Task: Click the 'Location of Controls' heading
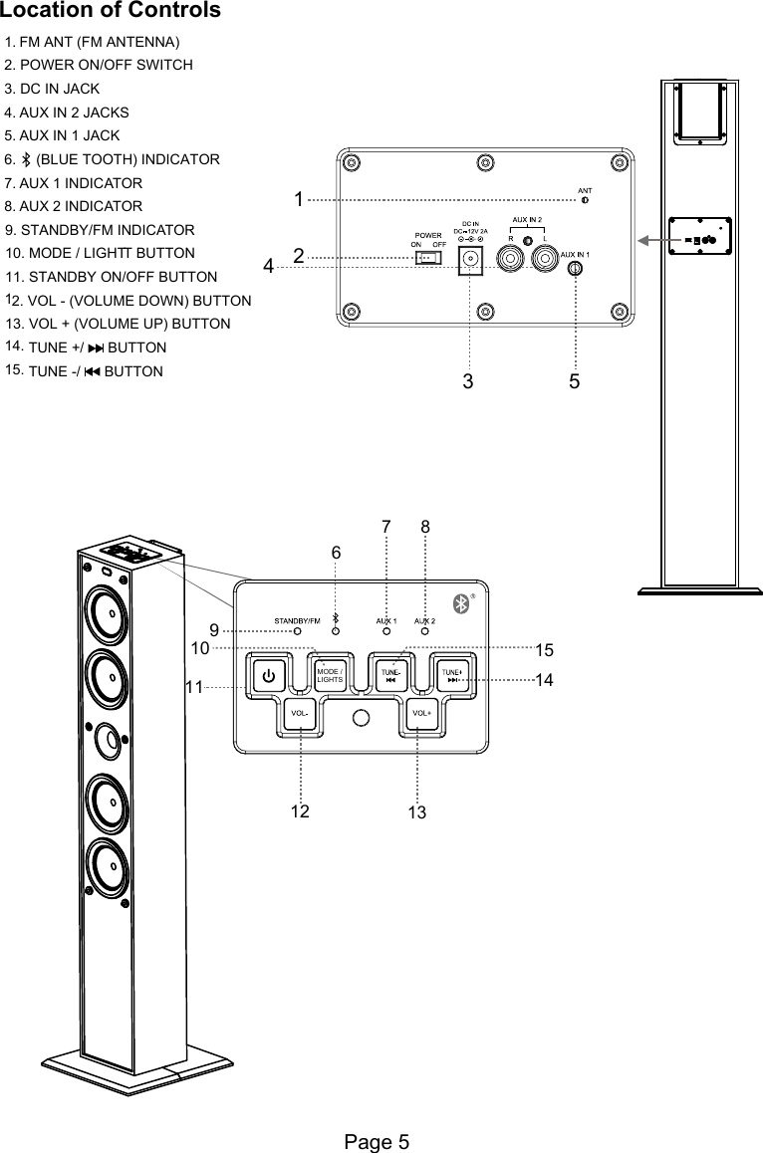tap(111, 11)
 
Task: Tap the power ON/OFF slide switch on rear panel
tap(428, 258)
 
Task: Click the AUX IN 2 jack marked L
tap(544, 259)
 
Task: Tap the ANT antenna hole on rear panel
tap(585, 200)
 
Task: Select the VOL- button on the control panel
tap(300, 713)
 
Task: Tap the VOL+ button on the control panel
tap(422, 713)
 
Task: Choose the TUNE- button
tap(391, 674)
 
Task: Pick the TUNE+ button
tap(452, 674)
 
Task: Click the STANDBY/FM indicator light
tap(296, 631)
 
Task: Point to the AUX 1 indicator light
tap(386, 631)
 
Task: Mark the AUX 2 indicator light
tap(425, 631)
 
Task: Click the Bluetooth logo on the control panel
tap(460, 603)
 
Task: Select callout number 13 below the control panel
tap(417, 813)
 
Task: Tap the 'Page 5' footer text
tap(377, 1142)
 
